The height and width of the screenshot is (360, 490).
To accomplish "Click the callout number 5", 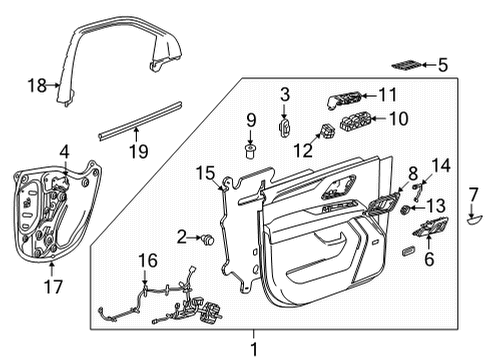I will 442,65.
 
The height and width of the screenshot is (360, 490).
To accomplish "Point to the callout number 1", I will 253,349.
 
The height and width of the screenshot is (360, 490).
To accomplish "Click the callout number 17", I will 52,286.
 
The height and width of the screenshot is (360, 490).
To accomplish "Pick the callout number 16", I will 147,261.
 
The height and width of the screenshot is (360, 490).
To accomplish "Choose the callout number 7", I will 474,193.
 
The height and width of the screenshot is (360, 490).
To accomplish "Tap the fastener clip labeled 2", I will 209,240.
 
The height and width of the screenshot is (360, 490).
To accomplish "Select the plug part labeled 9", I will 250,151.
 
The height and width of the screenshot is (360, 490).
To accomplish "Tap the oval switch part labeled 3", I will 284,127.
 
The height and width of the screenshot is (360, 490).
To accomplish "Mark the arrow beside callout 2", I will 196,238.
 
